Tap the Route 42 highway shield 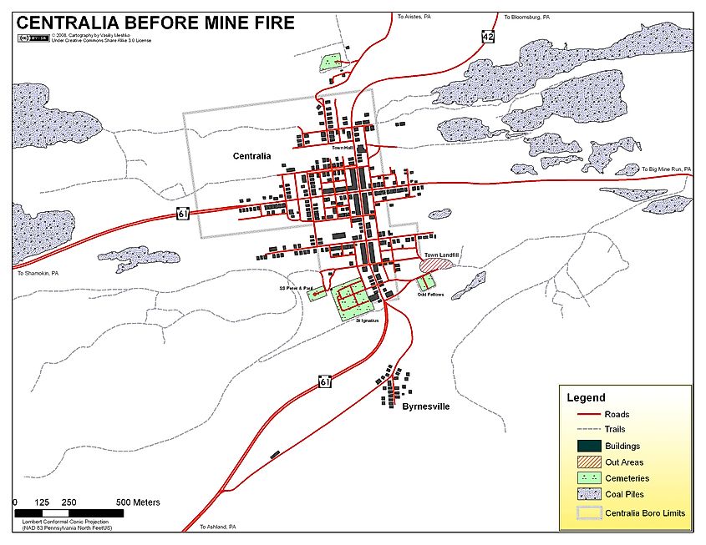(488, 36)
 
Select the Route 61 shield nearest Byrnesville (325, 381)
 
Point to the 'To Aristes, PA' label (414, 16)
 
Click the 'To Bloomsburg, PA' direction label (526, 16)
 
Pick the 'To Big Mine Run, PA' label (667, 169)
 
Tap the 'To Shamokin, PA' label (38, 273)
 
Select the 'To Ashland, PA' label (218, 527)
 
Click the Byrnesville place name (426, 406)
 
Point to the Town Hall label (343, 148)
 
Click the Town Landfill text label (442, 255)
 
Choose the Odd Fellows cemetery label (430, 295)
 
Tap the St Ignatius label (365, 320)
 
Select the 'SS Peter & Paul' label (295, 289)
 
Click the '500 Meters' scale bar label (138, 502)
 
